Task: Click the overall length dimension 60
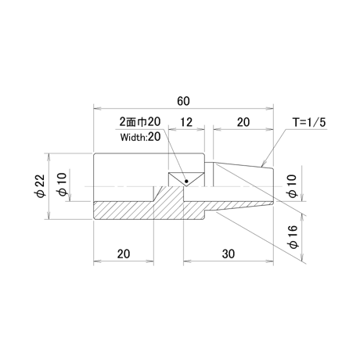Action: pos(183,101)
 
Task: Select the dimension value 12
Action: pos(186,122)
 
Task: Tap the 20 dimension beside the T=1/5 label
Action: pos(243,122)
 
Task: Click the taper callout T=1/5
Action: pos(309,122)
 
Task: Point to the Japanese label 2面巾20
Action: pos(140,121)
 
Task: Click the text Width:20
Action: pos(140,137)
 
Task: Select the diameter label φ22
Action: pos(41,185)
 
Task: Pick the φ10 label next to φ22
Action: pos(63,184)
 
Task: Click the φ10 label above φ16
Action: pos(293,186)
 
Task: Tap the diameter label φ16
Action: pos(293,237)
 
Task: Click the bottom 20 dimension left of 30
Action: pos(124,254)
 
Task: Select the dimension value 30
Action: pos(229,254)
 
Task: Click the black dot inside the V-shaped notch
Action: pos(186,181)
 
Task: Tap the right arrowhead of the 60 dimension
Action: pos(270,108)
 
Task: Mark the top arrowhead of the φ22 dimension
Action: pos(49,157)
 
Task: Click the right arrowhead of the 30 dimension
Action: pos(270,261)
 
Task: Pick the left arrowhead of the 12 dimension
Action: pos(172,128)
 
